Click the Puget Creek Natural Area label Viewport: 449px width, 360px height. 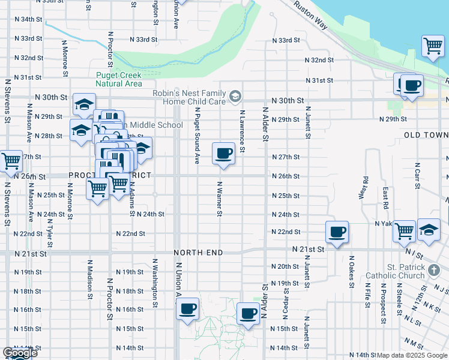click(x=119, y=79)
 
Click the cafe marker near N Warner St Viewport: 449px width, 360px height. click(x=223, y=154)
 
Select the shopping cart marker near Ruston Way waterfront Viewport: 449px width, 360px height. click(x=432, y=46)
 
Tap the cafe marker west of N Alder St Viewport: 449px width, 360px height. click(x=248, y=313)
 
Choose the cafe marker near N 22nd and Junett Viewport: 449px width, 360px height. click(x=337, y=232)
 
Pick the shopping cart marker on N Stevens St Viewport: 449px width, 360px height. click(x=11, y=161)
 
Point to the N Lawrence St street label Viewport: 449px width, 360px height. click(x=243, y=131)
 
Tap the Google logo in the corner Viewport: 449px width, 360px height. click(x=19, y=353)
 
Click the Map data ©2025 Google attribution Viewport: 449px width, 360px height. click(x=411, y=355)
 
